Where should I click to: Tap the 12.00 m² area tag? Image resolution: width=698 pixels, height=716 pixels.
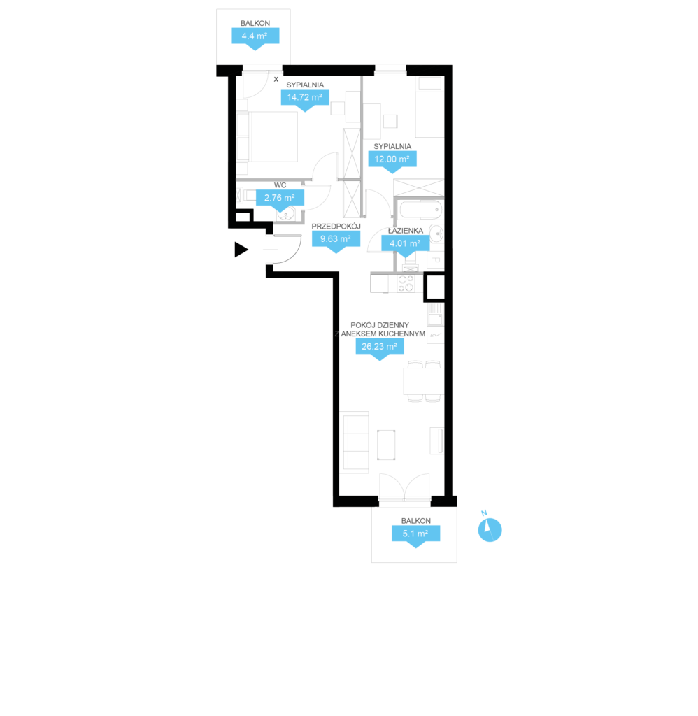pos(392,160)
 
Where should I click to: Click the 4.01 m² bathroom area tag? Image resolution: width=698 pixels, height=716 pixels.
pos(405,244)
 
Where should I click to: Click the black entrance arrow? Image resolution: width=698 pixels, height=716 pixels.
pos(241,250)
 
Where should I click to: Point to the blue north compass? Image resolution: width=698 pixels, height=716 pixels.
pos(490,530)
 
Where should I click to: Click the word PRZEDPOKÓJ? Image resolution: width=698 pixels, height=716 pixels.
pos(336,227)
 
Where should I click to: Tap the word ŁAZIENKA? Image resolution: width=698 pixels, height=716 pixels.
pos(405,231)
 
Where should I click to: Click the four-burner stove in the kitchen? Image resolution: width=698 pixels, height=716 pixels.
pos(406,284)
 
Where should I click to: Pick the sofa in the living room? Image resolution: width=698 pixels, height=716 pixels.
pos(355,442)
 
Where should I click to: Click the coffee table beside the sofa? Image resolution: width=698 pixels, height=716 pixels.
pos(386,445)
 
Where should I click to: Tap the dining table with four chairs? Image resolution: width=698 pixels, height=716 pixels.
pos(423,382)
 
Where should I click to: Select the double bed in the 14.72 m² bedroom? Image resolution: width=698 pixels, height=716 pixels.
pos(266,136)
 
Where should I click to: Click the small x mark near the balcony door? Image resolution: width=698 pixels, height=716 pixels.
pos(276,80)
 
